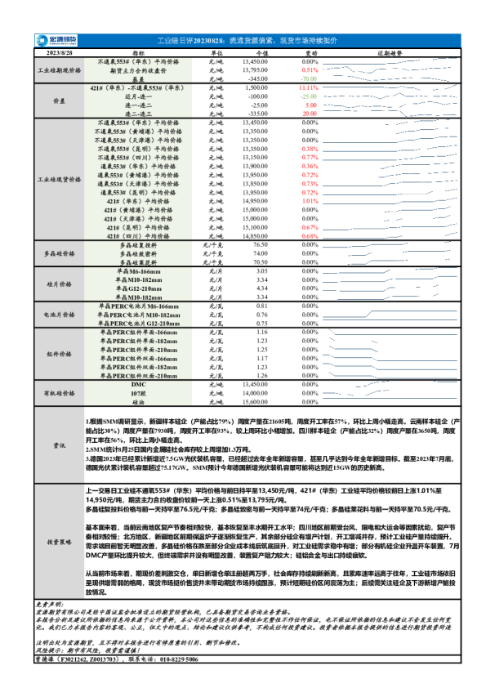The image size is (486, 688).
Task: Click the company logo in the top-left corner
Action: tap(55, 40)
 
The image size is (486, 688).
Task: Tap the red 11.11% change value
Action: tap(309, 87)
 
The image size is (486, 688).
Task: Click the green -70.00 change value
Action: tap(309, 78)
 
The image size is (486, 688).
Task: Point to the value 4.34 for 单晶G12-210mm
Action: tap(262, 288)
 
